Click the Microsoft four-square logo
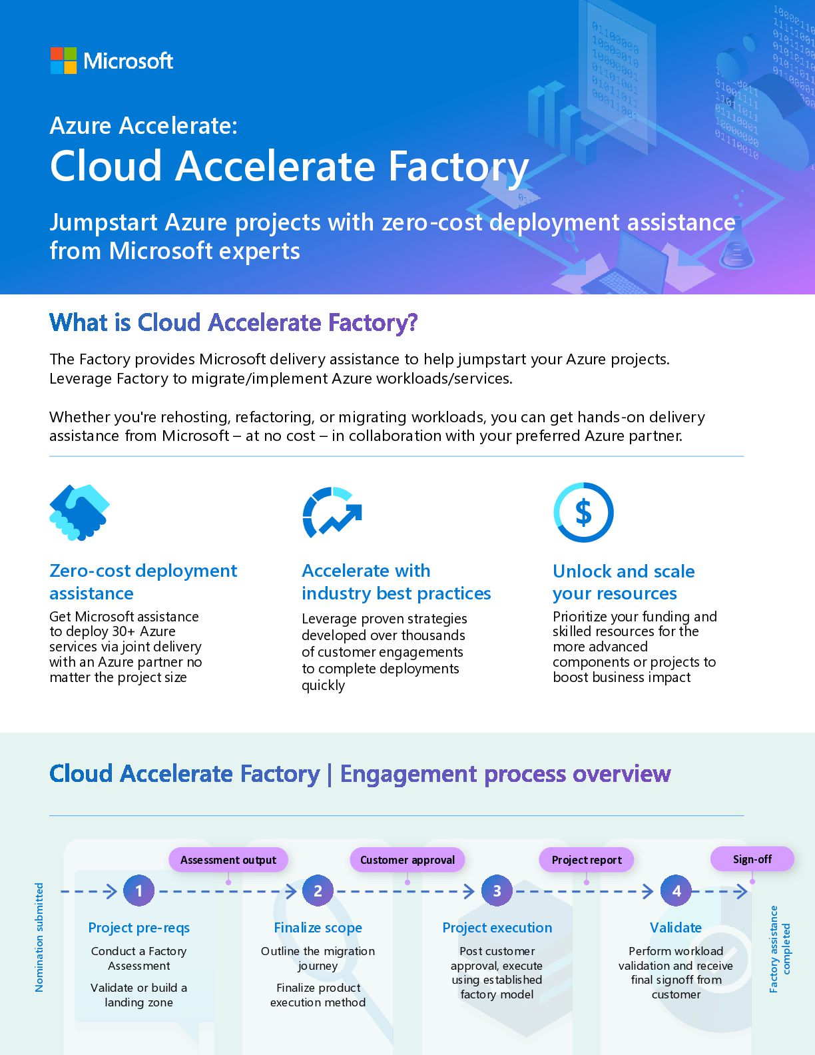click(63, 61)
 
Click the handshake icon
click(79, 512)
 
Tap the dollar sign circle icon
click(583, 512)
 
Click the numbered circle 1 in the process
click(138, 890)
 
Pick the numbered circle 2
click(318, 890)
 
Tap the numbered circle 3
click(497, 890)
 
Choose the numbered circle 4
click(676, 890)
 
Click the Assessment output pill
click(228, 860)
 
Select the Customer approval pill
click(407, 860)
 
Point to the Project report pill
click(586, 860)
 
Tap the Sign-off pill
click(752, 859)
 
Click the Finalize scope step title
click(318, 928)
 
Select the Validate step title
click(675, 928)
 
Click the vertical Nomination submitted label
click(39, 937)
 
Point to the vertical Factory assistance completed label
click(779, 948)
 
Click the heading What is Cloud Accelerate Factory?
click(233, 323)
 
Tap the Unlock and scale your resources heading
click(623, 582)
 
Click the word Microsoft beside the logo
click(128, 61)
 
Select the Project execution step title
click(497, 928)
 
